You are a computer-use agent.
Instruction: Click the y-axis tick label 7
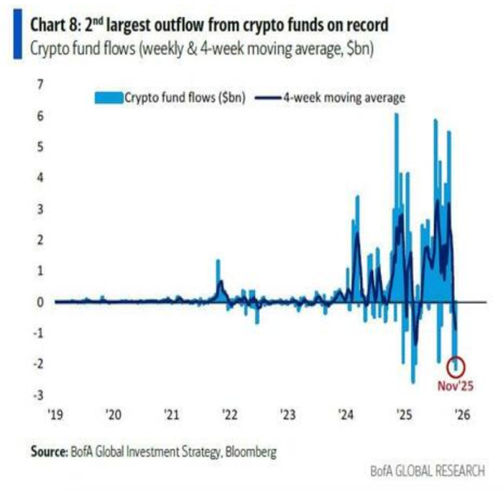click(x=41, y=85)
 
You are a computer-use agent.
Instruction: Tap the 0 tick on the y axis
click(x=41, y=302)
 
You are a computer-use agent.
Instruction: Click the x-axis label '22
click(x=229, y=415)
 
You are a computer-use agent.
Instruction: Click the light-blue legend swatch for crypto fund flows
click(x=109, y=99)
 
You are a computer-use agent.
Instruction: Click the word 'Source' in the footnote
click(x=48, y=452)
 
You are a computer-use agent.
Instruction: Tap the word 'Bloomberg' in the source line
click(x=251, y=452)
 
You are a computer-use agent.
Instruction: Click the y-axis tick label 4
click(x=41, y=178)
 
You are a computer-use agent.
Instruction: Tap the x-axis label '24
click(x=346, y=415)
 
